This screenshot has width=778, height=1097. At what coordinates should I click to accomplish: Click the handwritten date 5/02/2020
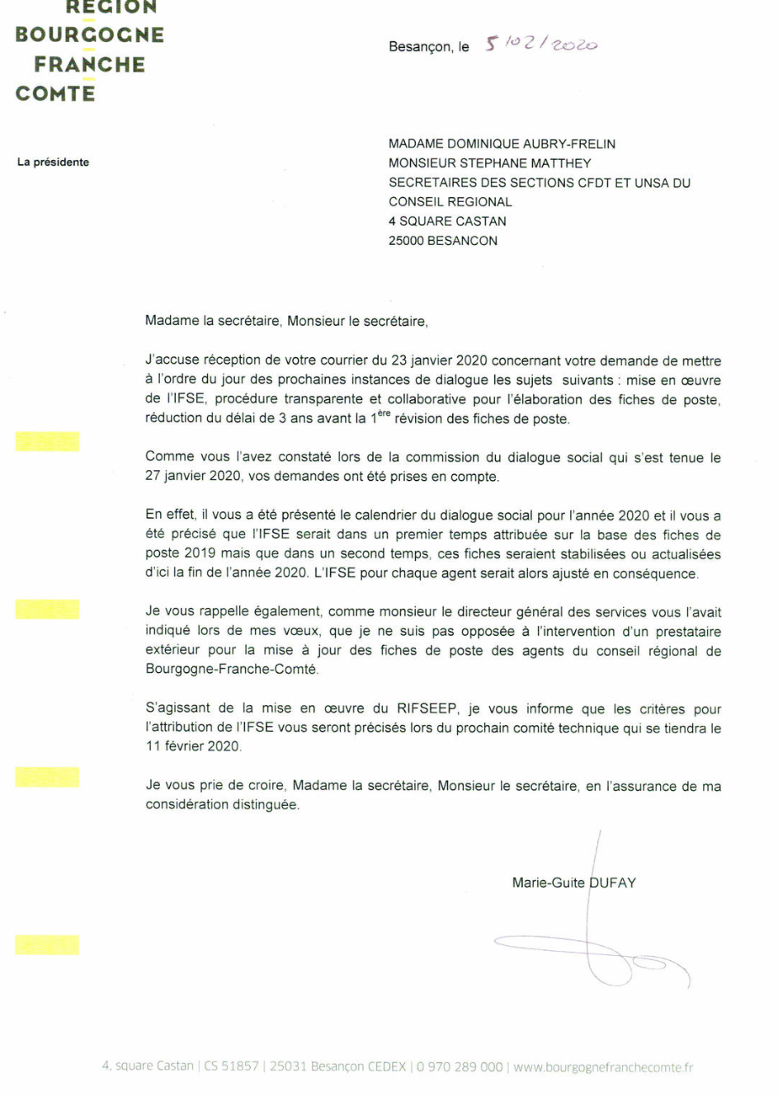point(541,44)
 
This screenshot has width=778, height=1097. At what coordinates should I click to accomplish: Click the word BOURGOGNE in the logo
point(89,35)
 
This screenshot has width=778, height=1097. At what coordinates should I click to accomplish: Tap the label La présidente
point(53,162)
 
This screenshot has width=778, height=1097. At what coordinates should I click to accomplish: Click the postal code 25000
point(406,241)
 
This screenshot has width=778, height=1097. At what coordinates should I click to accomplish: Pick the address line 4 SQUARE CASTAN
point(447,221)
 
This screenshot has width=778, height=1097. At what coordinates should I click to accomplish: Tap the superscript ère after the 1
point(384,413)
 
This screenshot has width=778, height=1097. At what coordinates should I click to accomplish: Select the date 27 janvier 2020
point(193,476)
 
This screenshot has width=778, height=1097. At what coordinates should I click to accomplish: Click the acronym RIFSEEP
point(427,709)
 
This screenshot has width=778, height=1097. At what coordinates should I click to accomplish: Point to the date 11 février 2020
point(193,746)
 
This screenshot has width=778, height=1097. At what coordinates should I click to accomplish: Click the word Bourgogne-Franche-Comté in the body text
point(231,669)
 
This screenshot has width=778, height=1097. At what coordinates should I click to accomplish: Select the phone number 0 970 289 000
point(460,1066)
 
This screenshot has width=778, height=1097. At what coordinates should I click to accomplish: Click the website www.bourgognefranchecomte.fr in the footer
point(603,1067)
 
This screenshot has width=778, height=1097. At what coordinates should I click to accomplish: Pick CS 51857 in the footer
point(231,1066)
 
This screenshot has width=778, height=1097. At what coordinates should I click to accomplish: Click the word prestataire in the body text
point(688,632)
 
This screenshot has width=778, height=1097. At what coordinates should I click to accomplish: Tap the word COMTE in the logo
point(55,93)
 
